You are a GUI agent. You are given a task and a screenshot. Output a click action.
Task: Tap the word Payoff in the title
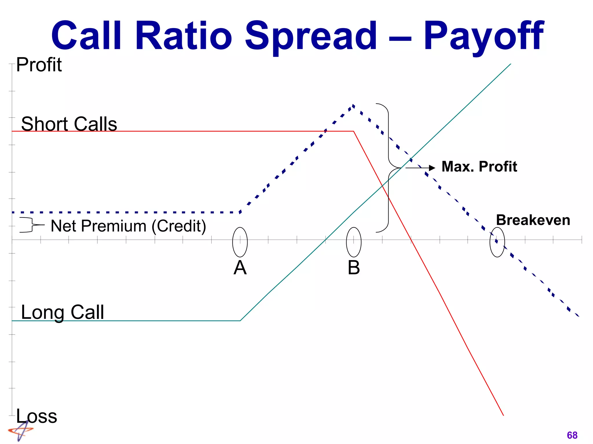coord(484,36)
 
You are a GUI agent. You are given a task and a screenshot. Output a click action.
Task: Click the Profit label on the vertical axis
coord(39,65)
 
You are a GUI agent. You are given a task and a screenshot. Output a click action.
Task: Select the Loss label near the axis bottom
coord(36,416)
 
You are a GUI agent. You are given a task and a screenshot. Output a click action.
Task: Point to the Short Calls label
coord(69,124)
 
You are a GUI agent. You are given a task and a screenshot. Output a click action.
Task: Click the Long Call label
coord(62,312)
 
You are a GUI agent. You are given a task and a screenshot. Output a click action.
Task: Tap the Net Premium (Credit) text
coord(128,226)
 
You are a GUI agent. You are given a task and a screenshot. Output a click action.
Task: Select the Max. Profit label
coord(479,167)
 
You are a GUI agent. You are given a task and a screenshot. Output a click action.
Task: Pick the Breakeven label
coord(533,220)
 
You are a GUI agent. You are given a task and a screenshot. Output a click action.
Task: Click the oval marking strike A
coord(240,242)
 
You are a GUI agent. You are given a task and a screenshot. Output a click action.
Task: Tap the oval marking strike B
coord(354,242)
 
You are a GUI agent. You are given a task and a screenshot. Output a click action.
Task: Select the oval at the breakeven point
coord(497,242)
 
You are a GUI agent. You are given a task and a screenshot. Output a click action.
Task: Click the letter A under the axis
coord(240,268)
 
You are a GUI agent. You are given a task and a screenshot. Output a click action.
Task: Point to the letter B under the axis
coord(354,268)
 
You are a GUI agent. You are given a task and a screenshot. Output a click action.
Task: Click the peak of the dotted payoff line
coord(353,105)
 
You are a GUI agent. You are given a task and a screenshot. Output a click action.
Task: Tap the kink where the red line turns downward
coord(354,131)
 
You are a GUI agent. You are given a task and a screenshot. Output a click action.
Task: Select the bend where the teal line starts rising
coord(240,321)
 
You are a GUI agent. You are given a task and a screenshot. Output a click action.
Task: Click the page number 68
coord(572,435)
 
